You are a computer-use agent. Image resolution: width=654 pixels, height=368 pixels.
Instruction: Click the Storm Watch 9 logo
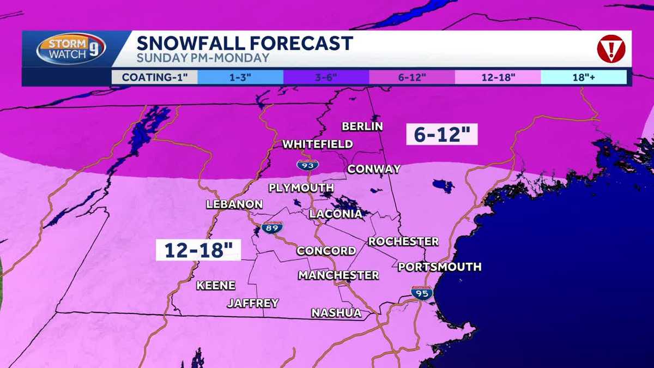pyautogui.click(x=71, y=50)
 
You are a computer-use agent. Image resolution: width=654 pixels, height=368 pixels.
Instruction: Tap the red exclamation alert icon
pyautogui.click(x=610, y=49)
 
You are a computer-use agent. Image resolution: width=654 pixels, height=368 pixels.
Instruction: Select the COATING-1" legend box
pyautogui.click(x=154, y=77)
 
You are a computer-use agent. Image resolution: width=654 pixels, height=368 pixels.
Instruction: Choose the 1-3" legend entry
pyautogui.click(x=240, y=77)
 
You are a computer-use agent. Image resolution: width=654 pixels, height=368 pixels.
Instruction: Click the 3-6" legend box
pyautogui.click(x=326, y=77)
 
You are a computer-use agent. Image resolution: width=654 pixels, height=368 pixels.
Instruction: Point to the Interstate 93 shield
pyautogui.click(x=308, y=165)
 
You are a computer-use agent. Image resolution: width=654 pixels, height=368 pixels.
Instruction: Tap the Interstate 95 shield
pyautogui.click(x=421, y=293)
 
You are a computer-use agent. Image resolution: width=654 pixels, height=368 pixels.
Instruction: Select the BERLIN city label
pyautogui.click(x=362, y=126)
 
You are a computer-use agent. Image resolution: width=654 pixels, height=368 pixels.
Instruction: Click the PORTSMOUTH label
pyautogui.click(x=439, y=267)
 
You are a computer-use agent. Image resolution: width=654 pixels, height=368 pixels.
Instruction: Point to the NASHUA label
pyautogui.click(x=336, y=313)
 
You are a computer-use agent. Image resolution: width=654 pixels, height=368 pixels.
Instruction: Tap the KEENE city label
pyautogui.click(x=216, y=286)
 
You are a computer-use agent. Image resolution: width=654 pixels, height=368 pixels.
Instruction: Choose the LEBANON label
pyautogui.click(x=234, y=204)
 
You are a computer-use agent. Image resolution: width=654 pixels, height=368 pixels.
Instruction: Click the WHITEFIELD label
pyautogui.click(x=317, y=144)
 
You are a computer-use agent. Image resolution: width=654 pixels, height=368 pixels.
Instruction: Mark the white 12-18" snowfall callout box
pyautogui.click(x=198, y=250)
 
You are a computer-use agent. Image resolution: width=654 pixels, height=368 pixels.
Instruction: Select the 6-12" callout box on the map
pyautogui.click(x=441, y=134)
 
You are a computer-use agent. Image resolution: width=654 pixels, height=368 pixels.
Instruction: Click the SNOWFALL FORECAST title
pyautogui.click(x=244, y=43)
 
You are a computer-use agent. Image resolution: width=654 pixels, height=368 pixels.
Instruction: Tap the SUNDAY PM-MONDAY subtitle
pyautogui.click(x=203, y=58)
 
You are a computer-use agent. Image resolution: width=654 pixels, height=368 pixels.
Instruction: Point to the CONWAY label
pyautogui.click(x=374, y=169)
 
